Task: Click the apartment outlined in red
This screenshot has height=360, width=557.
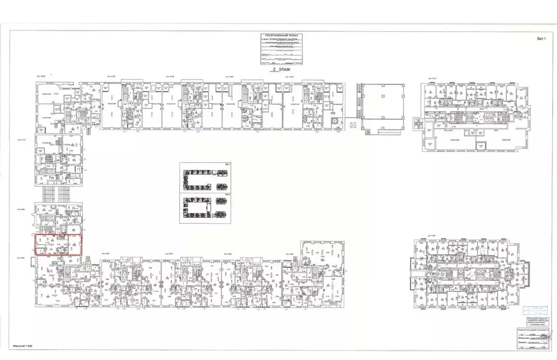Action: pos(58,244)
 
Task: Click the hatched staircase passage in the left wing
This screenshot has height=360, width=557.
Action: pos(57,193)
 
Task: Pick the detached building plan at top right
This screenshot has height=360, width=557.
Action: pos(472,116)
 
